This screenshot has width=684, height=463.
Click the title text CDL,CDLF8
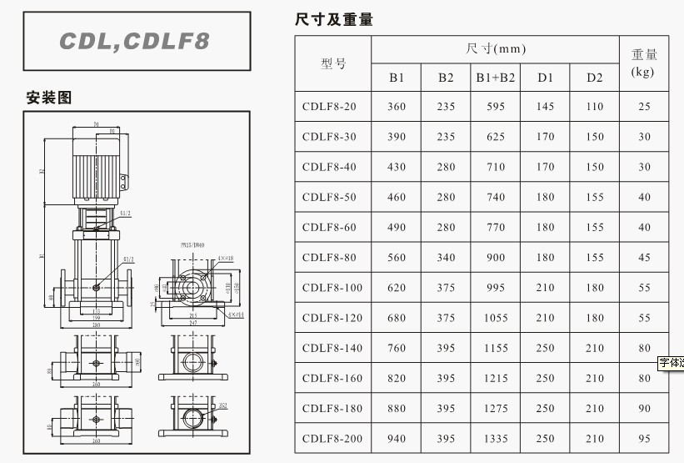(x=136, y=41)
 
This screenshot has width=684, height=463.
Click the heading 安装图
(x=49, y=98)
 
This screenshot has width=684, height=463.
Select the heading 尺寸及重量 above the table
(x=334, y=19)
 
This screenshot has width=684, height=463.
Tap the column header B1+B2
(x=496, y=78)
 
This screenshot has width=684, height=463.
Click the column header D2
(x=594, y=78)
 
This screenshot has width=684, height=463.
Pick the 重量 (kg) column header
(x=644, y=63)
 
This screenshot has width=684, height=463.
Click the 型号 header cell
(x=333, y=63)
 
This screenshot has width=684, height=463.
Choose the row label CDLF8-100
(x=332, y=288)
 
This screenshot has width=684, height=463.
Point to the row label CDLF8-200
(x=332, y=439)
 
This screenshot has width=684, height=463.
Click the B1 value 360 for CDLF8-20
(x=397, y=107)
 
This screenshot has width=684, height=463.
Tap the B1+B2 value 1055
(x=496, y=318)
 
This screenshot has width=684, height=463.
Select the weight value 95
(x=644, y=439)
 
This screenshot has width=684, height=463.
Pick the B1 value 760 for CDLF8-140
(x=397, y=348)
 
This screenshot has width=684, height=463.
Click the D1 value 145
(x=545, y=107)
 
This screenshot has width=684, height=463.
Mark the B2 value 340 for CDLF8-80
(x=447, y=258)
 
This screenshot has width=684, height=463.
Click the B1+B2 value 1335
(x=496, y=439)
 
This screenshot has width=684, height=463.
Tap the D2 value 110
(x=594, y=107)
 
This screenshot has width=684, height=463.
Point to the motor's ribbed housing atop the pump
(x=95, y=166)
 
